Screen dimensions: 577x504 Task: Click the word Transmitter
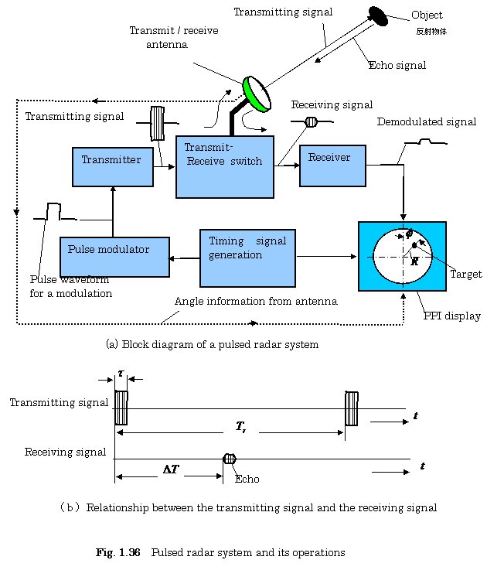click(111, 160)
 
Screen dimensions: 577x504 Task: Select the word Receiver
click(329, 158)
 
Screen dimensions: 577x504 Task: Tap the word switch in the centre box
click(246, 162)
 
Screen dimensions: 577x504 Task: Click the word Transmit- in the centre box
click(209, 148)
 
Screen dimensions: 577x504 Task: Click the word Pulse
click(81, 250)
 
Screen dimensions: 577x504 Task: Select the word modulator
click(124, 250)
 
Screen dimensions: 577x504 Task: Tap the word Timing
click(226, 241)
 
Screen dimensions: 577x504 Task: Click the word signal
click(271, 241)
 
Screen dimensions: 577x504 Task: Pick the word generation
click(235, 255)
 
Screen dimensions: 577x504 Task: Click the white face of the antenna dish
click(259, 93)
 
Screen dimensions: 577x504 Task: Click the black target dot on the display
click(414, 245)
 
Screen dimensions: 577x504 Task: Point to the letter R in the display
click(414, 261)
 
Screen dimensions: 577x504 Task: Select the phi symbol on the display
click(409, 234)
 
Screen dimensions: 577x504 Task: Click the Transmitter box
click(113, 175)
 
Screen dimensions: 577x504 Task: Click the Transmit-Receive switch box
click(224, 182)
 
